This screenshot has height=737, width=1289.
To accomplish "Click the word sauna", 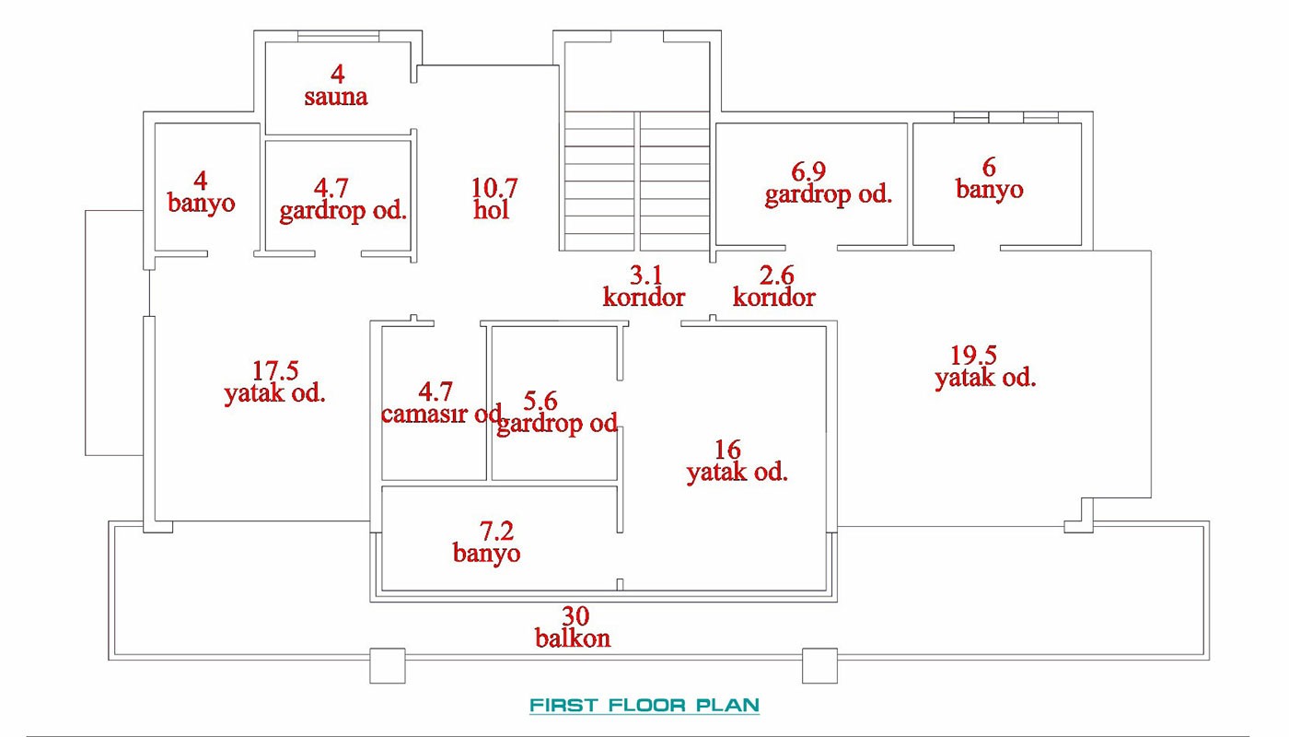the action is (336, 97).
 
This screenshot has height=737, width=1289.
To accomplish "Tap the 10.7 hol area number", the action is (494, 188).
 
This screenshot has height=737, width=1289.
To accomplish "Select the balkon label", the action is (573, 638).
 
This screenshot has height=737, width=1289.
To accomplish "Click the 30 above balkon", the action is (575, 616).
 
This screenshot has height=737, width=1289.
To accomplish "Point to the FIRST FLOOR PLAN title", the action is (644, 705).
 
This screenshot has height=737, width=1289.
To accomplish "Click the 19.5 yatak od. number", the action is (974, 356).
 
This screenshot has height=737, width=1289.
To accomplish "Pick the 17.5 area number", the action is (275, 370).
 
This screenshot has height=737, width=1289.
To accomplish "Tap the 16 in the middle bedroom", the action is (727, 450).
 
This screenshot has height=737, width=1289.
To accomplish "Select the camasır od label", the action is (441, 414).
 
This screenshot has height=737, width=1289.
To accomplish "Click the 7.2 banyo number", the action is (496, 531).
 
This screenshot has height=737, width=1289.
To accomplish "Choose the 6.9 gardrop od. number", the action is (808, 171).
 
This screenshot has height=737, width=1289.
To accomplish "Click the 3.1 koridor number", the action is (646, 275).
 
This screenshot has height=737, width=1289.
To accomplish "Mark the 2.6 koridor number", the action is (777, 275).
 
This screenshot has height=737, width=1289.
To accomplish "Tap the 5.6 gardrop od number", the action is (540, 401).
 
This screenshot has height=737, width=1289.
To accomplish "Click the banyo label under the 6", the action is (989, 190).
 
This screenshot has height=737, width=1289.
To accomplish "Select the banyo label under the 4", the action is (201, 203).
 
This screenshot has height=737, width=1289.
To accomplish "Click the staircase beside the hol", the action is (636, 181).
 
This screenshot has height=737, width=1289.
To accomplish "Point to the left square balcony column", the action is (388, 666).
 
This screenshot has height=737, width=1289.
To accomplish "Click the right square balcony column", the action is (820, 666).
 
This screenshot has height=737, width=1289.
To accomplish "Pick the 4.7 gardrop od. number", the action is (331, 188).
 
